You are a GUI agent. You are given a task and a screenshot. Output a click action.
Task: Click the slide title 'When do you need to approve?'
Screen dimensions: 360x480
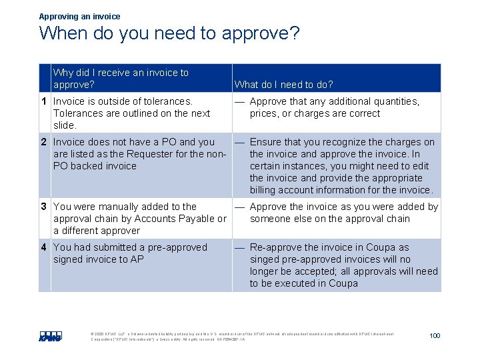(169, 33)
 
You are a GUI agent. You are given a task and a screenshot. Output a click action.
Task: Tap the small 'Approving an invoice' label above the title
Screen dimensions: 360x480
(80, 16)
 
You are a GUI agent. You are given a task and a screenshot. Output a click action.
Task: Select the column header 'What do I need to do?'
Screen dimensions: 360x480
(284, 85)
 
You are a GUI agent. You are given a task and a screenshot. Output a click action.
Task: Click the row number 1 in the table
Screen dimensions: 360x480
(44, 101)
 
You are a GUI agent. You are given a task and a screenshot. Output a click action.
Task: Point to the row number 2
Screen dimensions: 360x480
(44, 142)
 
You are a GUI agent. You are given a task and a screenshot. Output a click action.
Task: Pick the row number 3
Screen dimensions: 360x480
(44, 207)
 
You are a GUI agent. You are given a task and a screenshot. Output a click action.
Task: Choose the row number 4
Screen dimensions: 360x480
(44, 247)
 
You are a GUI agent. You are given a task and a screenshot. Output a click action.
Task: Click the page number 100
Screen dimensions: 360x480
(435, 335)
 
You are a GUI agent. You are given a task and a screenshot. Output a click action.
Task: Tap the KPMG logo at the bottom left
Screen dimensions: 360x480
(51, 336)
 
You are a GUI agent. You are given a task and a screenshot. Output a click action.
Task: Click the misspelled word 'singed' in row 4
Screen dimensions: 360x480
(265, 259)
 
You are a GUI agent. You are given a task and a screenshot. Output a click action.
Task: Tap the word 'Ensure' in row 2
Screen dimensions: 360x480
(266, 142)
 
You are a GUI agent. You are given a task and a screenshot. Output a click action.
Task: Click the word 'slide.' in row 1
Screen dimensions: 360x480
(65, 125)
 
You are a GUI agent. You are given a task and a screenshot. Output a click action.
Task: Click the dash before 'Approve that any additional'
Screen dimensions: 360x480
(239, 101)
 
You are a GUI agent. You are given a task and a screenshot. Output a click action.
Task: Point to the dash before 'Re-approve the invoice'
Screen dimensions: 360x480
(239, 247)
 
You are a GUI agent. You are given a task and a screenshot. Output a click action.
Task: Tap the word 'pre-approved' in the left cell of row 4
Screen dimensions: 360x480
(177, 247)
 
